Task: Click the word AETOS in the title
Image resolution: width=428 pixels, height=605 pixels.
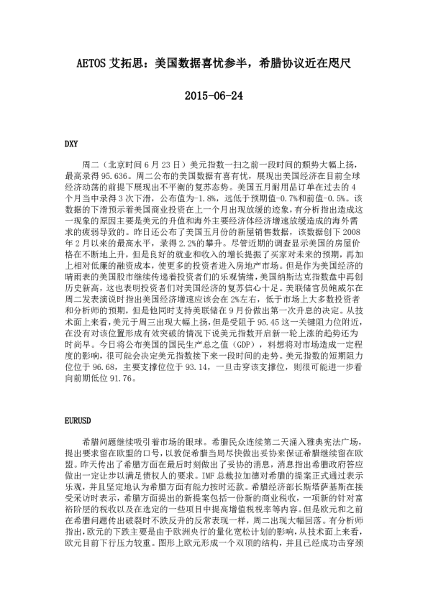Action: tap(91, 64)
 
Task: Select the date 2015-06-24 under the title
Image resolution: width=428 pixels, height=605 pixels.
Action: tap(214, 95)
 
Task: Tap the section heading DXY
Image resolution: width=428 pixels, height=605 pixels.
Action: tap(73, 144)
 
